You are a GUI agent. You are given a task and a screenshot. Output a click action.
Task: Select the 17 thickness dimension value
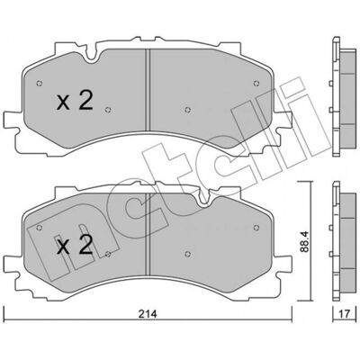pyautogui.click(x=345, y=314)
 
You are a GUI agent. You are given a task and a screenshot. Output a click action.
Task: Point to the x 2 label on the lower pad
pyautogui.click(x=75, y=245)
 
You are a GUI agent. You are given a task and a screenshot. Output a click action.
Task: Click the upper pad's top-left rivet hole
pyautogui.click(x=39, y=83)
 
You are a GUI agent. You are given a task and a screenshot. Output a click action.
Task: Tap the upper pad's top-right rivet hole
pyautogui.click(x=256, y=83)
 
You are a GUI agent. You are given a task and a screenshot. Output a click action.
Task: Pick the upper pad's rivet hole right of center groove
pyautogui.click(x=188, y=110)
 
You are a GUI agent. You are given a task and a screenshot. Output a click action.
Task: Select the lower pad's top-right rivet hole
pyautogui.click(x=256, y=228)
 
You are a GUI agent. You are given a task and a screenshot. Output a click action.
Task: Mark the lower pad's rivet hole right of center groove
pyautogui.click(x=188, y=254)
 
